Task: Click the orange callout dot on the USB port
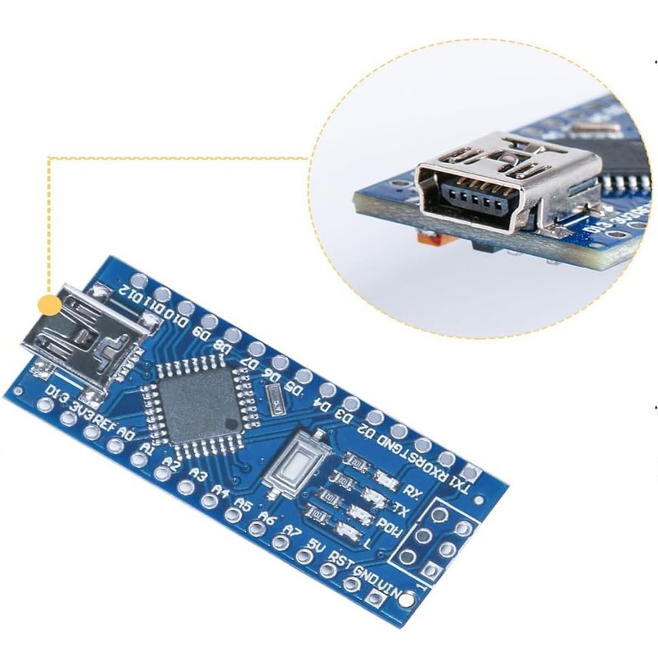[x=50, y=307]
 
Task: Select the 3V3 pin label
[x=82, y=408]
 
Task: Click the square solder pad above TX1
[x=470, y=472]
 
